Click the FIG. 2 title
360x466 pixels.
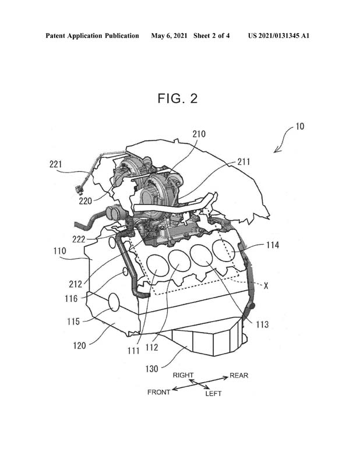(x=178, y=98)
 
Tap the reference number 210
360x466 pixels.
(x=199, y=135)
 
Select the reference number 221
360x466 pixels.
(x=55, y=164)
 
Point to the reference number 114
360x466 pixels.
(x=273, y=245)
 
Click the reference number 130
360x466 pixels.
(x=151, y=369)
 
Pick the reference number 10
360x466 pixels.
(x=300, y=126)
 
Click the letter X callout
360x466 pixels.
(x=266, y=286)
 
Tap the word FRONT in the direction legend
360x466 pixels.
(x=159, y=392)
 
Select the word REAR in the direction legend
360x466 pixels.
(x=239, y=376)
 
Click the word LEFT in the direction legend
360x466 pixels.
(x=213, y=394)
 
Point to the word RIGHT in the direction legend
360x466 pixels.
(x=183, y=375)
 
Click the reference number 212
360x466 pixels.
(x=76, y=284)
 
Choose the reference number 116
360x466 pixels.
(x=71, y=298)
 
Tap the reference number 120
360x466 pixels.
(x=79, y=345)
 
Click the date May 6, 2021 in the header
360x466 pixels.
(x=169, y=36)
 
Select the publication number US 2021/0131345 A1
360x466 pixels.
(x=278, y=36)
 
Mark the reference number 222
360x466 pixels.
(x=79, y=239)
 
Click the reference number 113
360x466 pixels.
(x=262, y=324)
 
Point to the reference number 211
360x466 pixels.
(x=243, y=162)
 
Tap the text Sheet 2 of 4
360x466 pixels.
(x=211, y=36)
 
